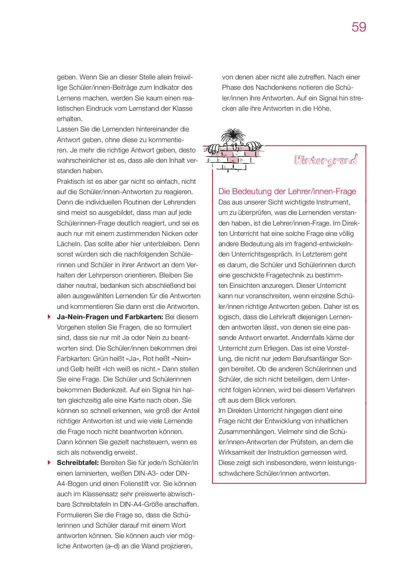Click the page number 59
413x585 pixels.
coord(359,27)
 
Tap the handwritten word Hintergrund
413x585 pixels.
coord(326,160)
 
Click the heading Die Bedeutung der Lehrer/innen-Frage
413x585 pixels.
coord(287,191)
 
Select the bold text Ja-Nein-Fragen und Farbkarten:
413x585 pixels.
coord(110,317)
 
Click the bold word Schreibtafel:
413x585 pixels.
coord(78,463)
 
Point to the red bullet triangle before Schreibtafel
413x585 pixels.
coord(49,463)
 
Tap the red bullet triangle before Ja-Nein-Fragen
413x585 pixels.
coord(49,317)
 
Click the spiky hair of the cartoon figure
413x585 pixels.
coord(233,135)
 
